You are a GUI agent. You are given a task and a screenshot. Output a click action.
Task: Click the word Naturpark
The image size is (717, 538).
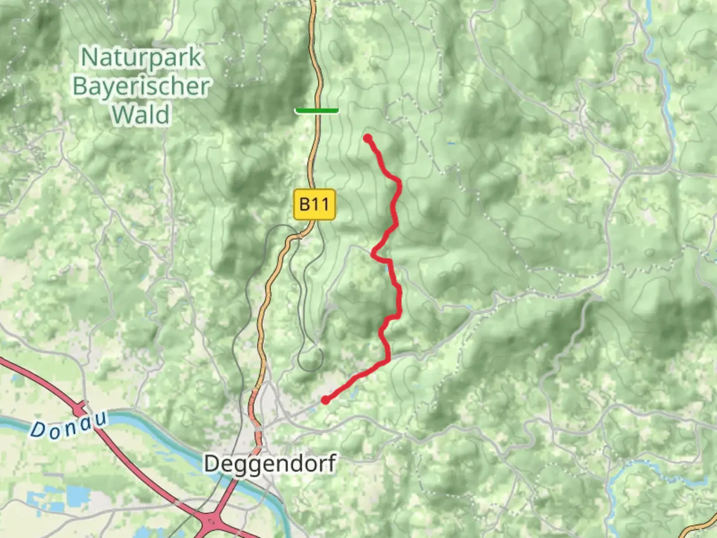pyautogui.click(x=141, y=58)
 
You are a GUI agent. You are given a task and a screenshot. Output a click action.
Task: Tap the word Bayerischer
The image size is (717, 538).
pyautogui.click(x=141, y=87)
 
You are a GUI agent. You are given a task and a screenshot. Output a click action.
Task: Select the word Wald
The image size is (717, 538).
pyautogui.click(x=141, y=115)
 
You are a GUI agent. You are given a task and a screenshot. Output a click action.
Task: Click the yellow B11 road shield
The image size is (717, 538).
pyautogui.click(x=315, y=204)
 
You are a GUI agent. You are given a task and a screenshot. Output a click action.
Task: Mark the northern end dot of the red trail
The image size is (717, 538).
pyautogui.click(x=367, y=138)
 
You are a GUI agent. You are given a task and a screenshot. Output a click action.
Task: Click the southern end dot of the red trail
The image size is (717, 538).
pyautogui.click(x=325, y=400)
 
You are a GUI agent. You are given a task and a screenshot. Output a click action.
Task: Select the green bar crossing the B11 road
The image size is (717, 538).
pyautogui.click(x=317, y=111)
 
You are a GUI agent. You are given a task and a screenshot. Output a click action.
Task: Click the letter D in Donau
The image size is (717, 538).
pyautogui.click(x=37, y=430)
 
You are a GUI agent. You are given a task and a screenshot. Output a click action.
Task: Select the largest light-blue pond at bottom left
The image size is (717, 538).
pyautogui.click(x=77, y=496)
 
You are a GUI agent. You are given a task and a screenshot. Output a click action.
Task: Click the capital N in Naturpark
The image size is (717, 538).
pyautogui.click(x=89, y=58)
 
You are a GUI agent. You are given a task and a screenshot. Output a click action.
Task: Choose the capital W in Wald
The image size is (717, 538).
pyautogui.click(x=121, y=115)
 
